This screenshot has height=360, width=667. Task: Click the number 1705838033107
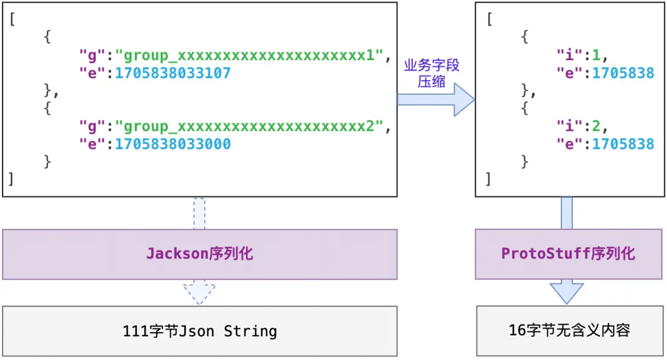click(173, 73)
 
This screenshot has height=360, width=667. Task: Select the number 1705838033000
click(173, 144)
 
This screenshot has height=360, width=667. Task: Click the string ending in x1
click(252, 56)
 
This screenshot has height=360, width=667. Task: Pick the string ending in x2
click(252, 127)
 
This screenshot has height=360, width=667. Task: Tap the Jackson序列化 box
click(199, 254)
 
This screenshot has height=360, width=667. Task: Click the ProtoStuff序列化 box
click(568, 254)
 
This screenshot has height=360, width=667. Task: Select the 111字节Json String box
click(199, 331)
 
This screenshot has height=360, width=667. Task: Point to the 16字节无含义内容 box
click(569, 330)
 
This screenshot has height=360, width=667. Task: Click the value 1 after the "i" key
click(596, 56)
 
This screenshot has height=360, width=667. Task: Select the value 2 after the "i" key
click(596, 127)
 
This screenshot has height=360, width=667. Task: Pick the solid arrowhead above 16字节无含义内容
click(567, 294)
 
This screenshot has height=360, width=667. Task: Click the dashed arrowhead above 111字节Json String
click(199, 294)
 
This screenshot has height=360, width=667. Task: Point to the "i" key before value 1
click(569, 56)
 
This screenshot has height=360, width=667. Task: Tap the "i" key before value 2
click(569, 127)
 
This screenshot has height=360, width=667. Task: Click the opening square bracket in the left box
click(12, 19)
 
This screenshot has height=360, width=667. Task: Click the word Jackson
click(177, 254)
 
